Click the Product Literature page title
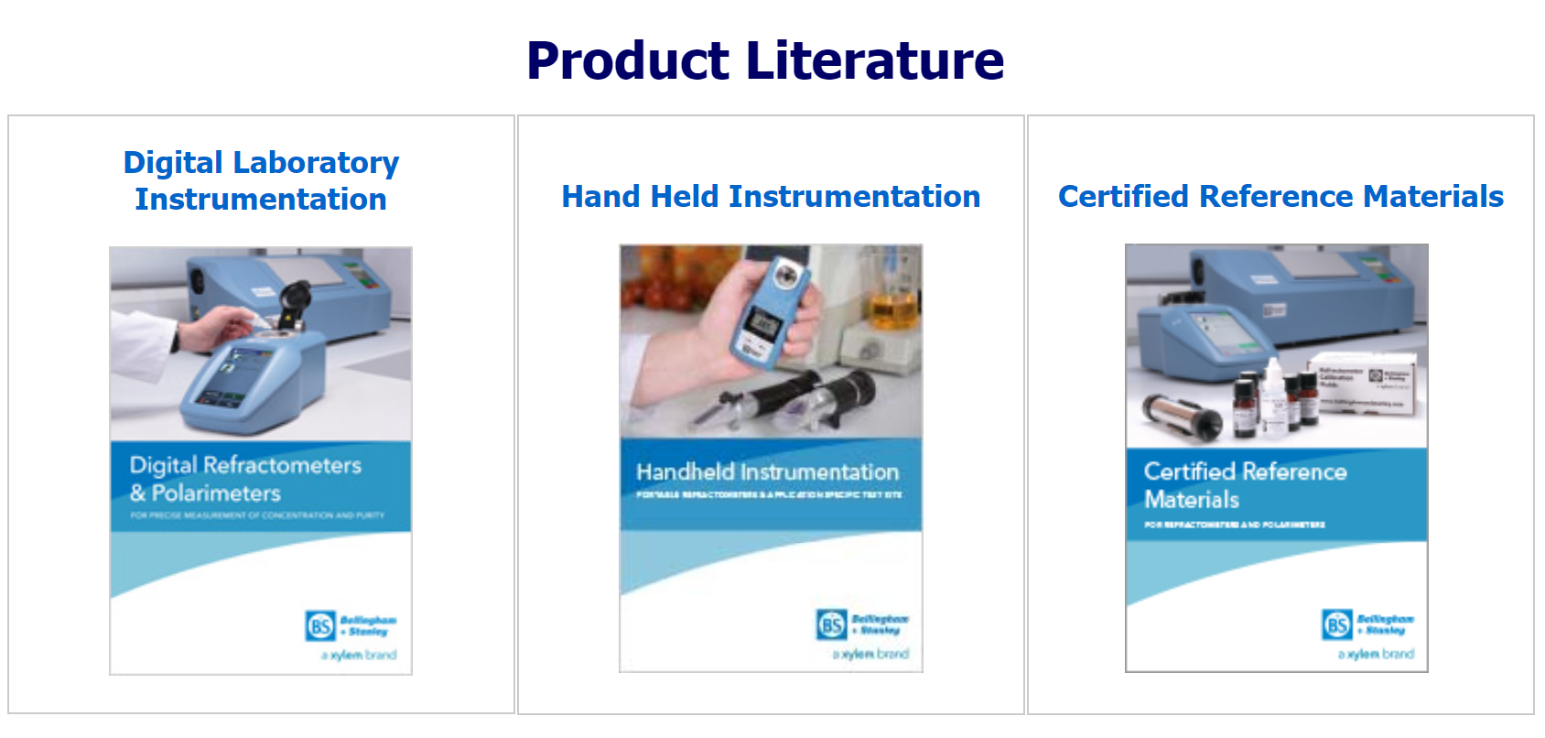click(x=765, y=60)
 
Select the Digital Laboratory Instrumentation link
click(x=261, y=180)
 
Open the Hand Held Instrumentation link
click(x=771, y=196)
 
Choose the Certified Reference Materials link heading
click(x=1280, y=196)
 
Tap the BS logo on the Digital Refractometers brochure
click(x=320, y=626)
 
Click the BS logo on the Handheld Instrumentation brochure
click(x=831, y=624)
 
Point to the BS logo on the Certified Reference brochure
click(x=1337, y=624)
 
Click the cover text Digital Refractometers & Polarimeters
click(x=245, y=479)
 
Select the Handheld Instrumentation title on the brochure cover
click(x=767, y=472)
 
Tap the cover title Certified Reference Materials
click(x=1245, y=485)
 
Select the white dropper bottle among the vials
click(x=1273, y=398)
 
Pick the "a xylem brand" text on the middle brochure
click(x=870, y=654)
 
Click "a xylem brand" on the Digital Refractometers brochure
click(x=359, y=655)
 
